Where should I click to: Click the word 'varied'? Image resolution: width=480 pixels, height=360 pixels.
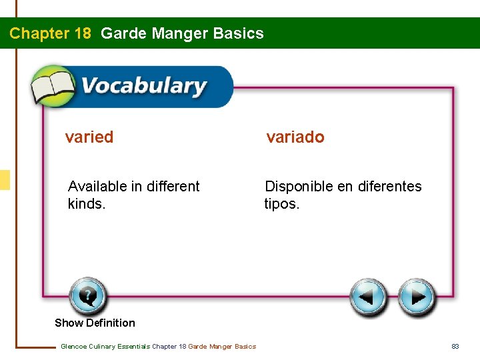coord(89,137)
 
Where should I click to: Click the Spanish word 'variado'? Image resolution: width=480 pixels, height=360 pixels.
coord(295,137)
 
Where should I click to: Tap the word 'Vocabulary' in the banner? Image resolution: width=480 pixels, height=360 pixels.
coord(143,87)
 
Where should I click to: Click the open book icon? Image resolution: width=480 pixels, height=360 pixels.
coord(53,86)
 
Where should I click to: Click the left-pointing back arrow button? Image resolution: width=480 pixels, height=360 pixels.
coord(368,297)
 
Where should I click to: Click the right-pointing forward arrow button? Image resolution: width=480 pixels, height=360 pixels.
coord(417,297)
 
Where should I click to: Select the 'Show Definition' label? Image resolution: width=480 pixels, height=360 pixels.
coord(95,323)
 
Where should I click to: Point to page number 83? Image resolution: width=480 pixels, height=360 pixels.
coord(455,346)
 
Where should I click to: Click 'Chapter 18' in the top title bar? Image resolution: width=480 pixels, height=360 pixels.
coord(50,33)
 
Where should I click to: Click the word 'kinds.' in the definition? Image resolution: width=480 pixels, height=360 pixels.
coord(87,203)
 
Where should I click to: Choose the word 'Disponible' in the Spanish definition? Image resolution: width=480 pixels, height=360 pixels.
coord(299,186)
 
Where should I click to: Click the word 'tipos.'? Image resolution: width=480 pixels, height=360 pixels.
coord(282,203)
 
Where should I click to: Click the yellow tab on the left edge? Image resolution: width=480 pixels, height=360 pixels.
coord(5,180)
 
